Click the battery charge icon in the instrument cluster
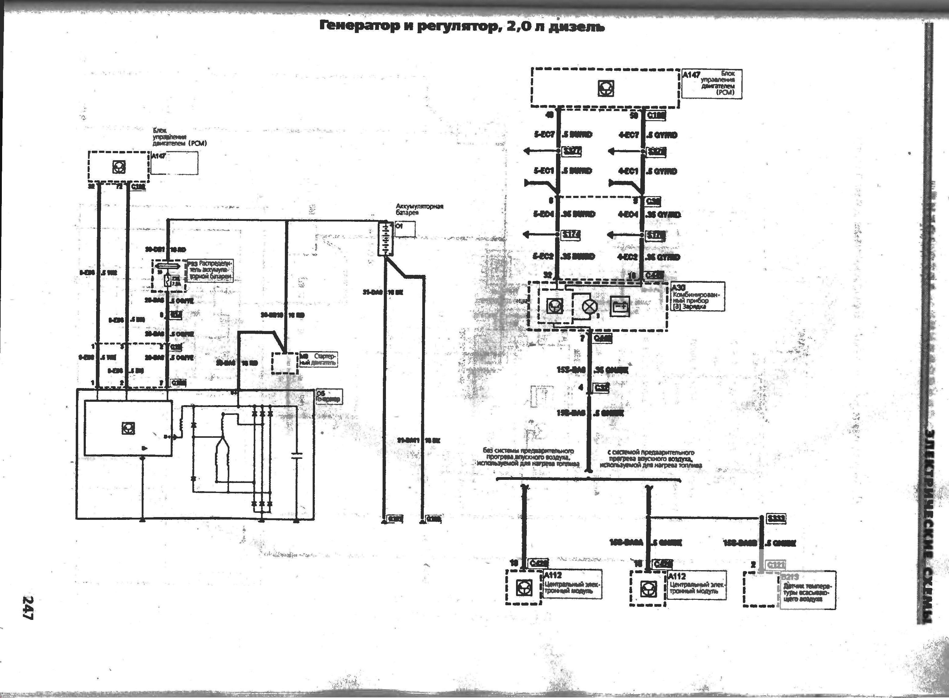[x=620, y=306]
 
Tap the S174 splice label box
[x=570, y=235]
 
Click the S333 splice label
[x=776, y=518]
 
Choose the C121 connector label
[x=776, y=565]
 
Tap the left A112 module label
[x=553, y=575]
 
